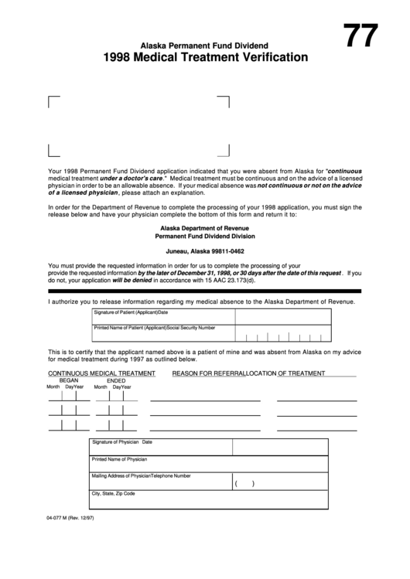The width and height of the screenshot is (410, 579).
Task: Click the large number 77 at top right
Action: (360, 36)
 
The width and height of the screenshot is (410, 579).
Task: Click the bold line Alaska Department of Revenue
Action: (204, 229)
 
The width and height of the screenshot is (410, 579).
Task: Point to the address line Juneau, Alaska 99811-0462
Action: (204, 252)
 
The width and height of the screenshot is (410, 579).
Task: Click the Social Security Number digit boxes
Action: (284, 336)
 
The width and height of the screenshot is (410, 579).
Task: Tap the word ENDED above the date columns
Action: (116, 380)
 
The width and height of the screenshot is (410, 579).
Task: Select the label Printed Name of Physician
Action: (119, 459)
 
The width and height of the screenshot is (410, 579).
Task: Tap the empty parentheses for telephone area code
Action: (244, 484)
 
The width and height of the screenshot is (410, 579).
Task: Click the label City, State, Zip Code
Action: (114, 493)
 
